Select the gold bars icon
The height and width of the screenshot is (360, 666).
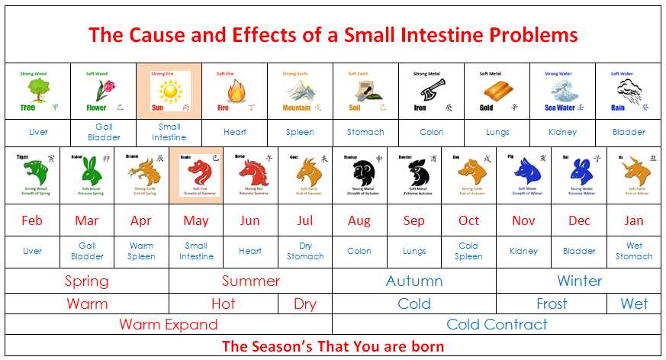494,92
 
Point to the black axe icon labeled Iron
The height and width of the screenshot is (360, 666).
429,92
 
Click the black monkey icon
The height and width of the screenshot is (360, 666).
361,175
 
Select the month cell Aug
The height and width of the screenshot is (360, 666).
359,221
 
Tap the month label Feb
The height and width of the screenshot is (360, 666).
32,221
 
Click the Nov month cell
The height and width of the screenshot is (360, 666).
523,221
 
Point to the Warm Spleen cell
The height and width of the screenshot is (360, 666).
141,251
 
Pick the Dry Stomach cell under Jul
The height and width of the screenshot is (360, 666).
305,251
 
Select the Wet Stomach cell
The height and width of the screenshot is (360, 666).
634,251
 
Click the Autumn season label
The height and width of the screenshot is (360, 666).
414,281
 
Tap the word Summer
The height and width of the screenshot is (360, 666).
250,281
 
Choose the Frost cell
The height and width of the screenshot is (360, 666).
552,304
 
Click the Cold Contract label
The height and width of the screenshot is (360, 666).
497,324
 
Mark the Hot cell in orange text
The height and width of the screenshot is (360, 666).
223,304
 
